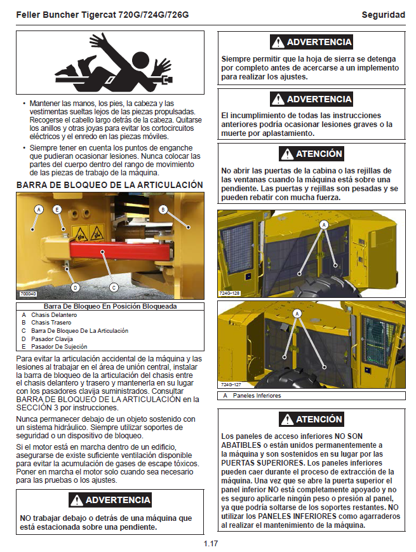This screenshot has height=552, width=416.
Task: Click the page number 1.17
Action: (x=211, y=544)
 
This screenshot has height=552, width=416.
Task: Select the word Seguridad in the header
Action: (x=383, y=15)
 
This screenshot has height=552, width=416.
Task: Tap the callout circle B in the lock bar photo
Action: (x=163, y=209)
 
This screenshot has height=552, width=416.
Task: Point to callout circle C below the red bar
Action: (x=114, y=287)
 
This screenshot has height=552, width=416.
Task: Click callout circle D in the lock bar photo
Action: (x=75, y=287)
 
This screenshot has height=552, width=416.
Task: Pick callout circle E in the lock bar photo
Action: (x=57, y=209)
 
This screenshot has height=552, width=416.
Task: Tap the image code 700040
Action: (x=29, y=294)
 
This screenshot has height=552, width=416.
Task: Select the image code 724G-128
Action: (x=230, y=293)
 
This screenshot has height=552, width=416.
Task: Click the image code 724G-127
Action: (x=230, y=385)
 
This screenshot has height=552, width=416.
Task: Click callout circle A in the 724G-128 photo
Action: (x=324, y=224)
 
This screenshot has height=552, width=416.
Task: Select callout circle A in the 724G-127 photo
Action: (x=297, y=314)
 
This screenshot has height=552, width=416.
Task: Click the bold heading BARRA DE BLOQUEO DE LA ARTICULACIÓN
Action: (x=109, y=185)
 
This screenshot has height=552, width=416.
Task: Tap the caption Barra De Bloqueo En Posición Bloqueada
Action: (x=110, y=306)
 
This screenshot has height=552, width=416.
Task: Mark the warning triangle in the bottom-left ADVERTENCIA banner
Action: (x=77, y=500)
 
